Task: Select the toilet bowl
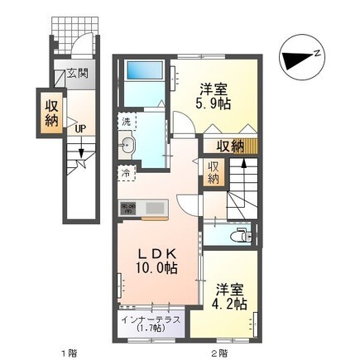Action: click(241, 235)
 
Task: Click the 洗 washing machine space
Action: click(125, 122)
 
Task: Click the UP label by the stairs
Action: click(81, 128)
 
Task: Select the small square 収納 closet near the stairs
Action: click(212, 173)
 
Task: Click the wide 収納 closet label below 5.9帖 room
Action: click(231, 146)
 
